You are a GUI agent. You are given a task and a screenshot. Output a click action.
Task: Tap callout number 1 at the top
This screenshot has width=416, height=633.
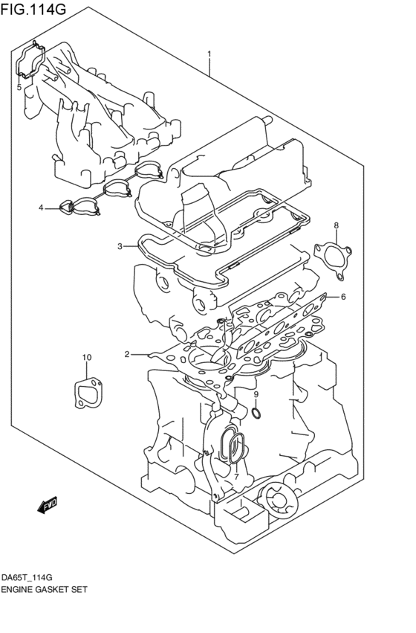click(209, 54)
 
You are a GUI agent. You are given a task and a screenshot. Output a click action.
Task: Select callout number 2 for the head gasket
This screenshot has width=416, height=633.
click(127, 354)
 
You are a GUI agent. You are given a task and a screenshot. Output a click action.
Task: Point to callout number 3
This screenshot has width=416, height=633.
click(119, 246)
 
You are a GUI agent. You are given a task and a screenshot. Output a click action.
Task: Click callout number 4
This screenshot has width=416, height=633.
click(42, 208)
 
